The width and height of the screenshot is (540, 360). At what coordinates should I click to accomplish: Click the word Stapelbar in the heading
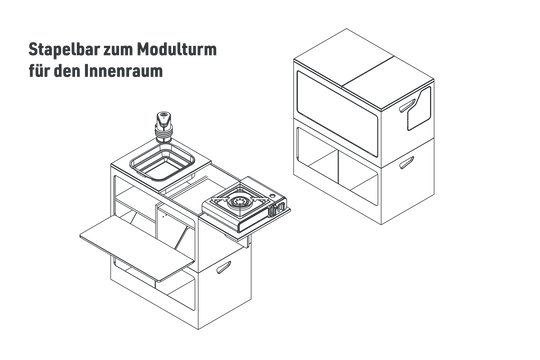(x=64, y=50)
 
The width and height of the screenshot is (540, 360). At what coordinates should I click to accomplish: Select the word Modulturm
(x=177, y=49)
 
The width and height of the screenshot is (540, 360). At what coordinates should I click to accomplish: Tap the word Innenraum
(x=123, y=71)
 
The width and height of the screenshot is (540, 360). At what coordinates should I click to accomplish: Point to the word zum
(x=119, y=51)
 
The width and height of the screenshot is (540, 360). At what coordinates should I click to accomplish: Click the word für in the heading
(x=39, y=71)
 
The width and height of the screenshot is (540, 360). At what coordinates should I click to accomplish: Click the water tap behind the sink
(x=164, y=126)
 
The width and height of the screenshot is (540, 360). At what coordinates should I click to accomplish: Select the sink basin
(x=163, y=162)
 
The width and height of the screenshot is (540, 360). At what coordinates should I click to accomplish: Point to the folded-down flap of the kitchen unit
(x=137, y=247)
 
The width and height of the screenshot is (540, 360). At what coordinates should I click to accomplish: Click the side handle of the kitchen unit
(x=224, y=267)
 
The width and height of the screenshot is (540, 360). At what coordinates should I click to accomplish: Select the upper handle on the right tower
(x=407, y=105)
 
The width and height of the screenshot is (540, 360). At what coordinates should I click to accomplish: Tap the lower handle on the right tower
(x=407, y=162)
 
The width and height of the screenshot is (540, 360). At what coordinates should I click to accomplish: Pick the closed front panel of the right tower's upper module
(x=337, y=114)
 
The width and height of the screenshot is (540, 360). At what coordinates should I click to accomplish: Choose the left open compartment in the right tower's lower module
(x=318, y=155)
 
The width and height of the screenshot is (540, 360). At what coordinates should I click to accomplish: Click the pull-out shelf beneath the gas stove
(x=247, y=224)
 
